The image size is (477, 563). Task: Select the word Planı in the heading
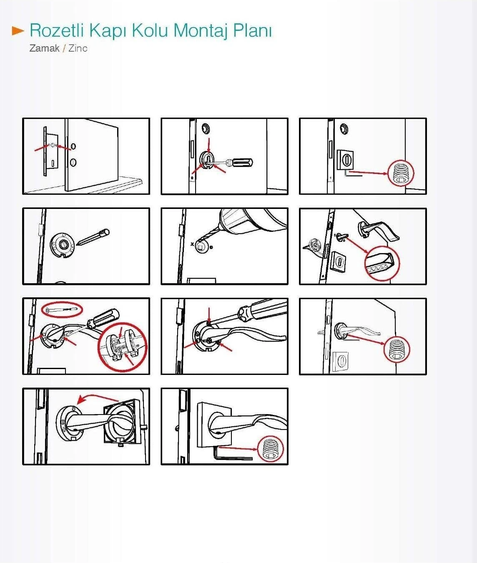(x=252, y=30)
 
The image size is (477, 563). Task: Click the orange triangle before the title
(x=18, y=30)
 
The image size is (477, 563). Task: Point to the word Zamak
(x=44, y=48)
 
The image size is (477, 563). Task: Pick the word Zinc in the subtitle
(x=78, y=48)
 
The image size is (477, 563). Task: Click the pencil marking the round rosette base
(x=94, y=238)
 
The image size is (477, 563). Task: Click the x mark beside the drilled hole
(x=192, y=244)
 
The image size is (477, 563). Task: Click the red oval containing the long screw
(x=62, y=309)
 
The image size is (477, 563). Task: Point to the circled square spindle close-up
(x=382, y=263)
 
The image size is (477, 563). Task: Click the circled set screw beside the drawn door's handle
(x=397, y=349)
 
